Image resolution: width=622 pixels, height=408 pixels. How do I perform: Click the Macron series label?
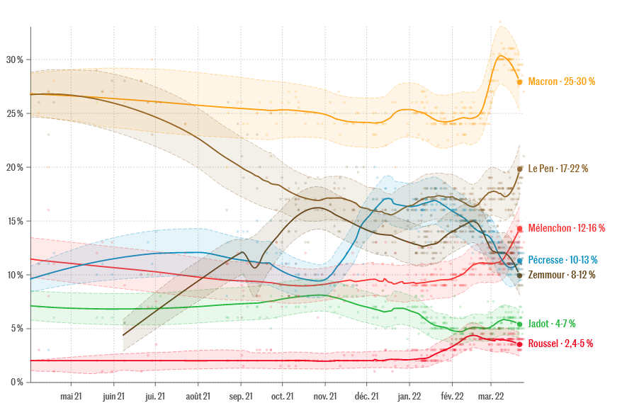point(561,81)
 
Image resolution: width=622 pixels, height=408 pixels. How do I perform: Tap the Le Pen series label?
point(558,169)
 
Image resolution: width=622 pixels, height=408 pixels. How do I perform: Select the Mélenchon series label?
point(566,228)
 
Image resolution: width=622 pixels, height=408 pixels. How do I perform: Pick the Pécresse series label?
point(562,260)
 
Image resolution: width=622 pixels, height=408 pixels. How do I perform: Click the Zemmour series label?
point(561,275)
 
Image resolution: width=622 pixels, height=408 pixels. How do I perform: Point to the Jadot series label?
point(551,324)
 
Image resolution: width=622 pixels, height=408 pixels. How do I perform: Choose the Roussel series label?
point(560,344)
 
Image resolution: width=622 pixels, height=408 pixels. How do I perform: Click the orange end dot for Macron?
point(519,82)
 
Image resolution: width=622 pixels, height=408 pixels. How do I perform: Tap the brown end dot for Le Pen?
point(519,169)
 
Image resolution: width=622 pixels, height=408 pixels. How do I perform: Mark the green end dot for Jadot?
point(519,324)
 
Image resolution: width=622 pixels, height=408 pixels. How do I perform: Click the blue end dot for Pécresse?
point(519,261)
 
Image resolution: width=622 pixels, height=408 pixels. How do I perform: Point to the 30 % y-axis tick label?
point(15,59)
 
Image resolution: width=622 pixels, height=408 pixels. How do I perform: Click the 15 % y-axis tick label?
point(15,221)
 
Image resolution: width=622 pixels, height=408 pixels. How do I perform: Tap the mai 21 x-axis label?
point(72,397)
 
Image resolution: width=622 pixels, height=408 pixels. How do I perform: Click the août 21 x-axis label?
point(197,397)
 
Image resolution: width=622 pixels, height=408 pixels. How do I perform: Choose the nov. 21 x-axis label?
point(325,397)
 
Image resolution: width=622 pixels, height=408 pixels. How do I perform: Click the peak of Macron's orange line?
point(501,55)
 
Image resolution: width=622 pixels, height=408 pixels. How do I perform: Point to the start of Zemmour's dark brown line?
point(123,335)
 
